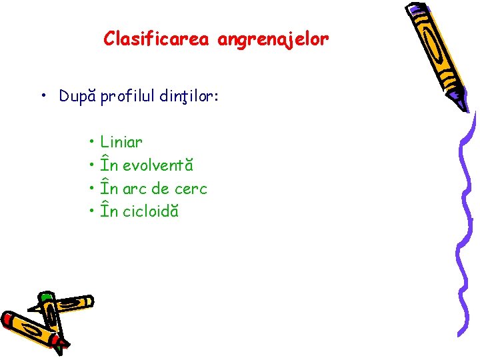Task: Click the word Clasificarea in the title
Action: point(157,39)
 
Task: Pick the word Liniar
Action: point(121,142)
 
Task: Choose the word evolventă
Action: point(157,165)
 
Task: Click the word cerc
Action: point(191,189)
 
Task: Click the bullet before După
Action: point(42,97)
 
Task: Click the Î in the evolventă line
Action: point(104,164)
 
